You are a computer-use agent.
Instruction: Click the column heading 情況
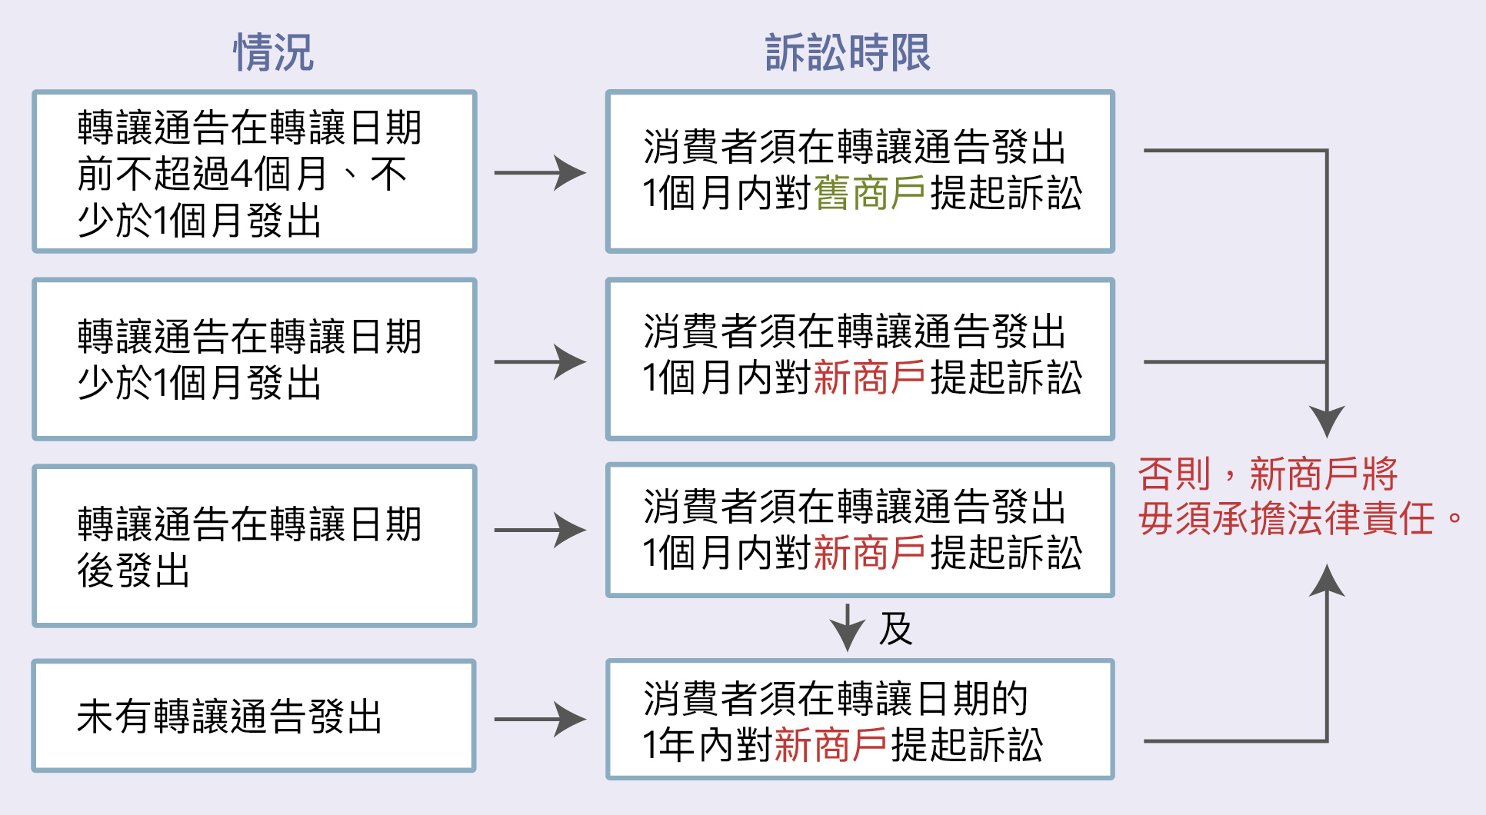pos(273,52)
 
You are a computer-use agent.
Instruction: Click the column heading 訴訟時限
pos(848,52)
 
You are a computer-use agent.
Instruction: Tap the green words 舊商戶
pos(869,193)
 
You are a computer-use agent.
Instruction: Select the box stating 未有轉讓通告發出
pos(254,716)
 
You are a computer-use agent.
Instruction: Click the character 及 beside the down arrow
pos(895,629)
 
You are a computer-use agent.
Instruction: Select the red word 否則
pos(1174,474)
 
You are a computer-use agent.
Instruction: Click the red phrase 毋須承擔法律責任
pos(1286,518)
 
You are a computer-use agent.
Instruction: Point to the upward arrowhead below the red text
pos(1327,580)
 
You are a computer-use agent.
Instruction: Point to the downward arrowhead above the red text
pos(1327,421)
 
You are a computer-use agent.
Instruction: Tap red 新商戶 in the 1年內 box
pos(831,745)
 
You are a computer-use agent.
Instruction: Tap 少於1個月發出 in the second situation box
pos(199,382)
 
